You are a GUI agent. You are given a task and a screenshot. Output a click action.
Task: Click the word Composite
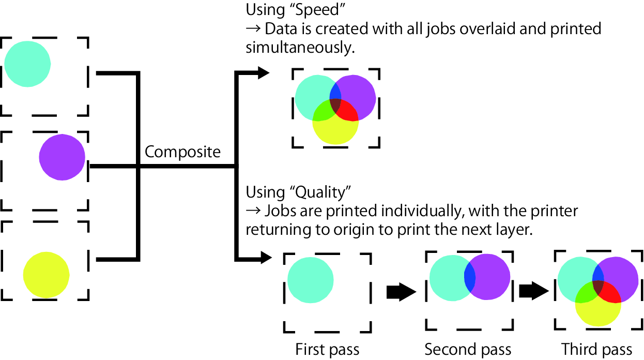coord(182,152)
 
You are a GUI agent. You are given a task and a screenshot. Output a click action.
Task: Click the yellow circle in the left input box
coord(47,274)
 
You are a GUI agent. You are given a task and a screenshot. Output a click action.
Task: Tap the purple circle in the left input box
coord(62,157)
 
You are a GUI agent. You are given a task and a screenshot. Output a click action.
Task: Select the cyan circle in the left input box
coord(28,64)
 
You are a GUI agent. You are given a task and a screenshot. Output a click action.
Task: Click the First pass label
coord(327,350)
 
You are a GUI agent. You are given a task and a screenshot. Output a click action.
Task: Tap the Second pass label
coord(468,350)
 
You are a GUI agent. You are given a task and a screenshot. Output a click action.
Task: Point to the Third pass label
coord(597,350)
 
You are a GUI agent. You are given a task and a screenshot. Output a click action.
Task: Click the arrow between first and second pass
coord(401,293)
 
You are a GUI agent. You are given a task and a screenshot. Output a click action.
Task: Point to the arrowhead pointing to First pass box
coord(265,257)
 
